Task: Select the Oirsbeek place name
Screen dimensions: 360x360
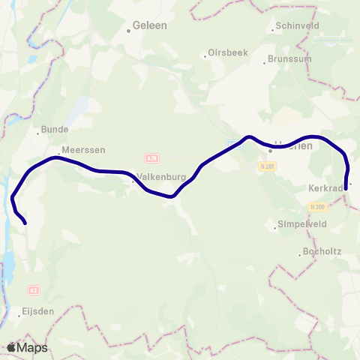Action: pyautogui.click(x=225, y=54)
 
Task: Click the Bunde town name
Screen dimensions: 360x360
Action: pyautogui.click(x=54, y=129)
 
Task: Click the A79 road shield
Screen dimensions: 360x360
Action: pyautogui.click(x=152, y=158)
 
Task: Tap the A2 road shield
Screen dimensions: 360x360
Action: pyautogui.click(x=33, y=289)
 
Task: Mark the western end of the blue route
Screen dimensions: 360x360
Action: pyautogui.click(x=25, y=223)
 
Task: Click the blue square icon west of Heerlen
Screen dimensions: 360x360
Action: pyautogui.click(x=234, y=143)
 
